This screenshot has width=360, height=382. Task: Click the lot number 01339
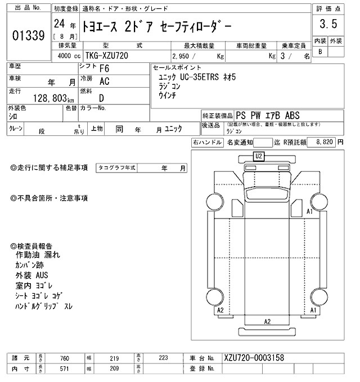[28, 35]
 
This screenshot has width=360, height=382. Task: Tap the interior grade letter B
[321, 52]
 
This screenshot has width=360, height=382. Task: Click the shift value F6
[104, 69]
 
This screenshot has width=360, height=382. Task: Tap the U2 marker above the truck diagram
[259, 156]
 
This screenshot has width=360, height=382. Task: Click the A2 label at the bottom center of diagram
[268, 321]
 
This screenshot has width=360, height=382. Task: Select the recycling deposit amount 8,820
[326, 143]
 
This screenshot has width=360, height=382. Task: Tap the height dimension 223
[164, 357]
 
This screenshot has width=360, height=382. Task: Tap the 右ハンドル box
[207, 143]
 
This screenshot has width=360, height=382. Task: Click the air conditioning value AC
[104, 81]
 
